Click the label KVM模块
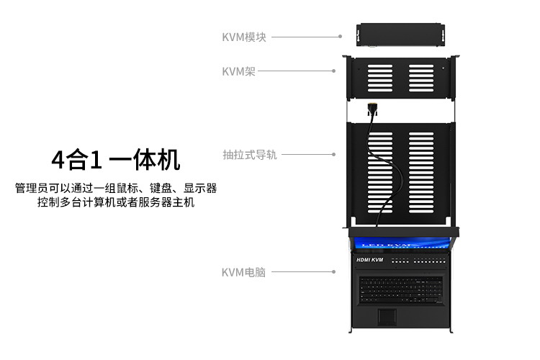244,37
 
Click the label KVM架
238,71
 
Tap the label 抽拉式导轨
250,155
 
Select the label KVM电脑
244,272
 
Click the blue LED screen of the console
402,244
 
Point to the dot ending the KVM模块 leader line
339,35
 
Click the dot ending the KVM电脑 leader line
334,272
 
